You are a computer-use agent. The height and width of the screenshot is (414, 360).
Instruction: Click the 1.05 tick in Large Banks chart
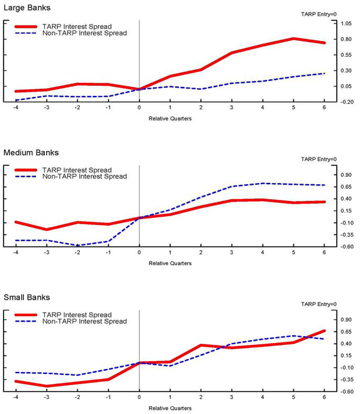(x=345, y=23)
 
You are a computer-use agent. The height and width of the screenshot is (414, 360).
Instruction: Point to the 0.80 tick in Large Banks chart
(x=345, y=39)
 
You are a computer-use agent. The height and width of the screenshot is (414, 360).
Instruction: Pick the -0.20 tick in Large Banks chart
(x=345, y=102)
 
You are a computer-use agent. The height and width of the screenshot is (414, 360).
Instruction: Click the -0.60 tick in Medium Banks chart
(x=345, y=247)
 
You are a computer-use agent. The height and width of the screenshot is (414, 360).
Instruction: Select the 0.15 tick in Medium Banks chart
(x=345, y=211)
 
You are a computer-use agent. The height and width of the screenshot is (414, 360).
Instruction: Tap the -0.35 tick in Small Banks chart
(x=345, y=379)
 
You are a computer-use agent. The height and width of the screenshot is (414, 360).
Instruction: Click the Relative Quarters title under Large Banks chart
(x=170, y=118)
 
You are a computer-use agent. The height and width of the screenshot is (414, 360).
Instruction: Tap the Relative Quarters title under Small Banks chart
(x=170, y=407)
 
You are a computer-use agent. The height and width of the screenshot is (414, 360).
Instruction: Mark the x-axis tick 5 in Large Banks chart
(x=293, y=109)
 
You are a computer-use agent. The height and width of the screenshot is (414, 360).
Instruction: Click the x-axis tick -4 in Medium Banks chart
(x=16, y=254)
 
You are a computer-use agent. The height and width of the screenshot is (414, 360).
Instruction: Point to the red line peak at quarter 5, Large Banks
(x=293, y=38)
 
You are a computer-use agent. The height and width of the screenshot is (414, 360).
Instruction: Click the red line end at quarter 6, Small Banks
(x=324, y=331)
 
